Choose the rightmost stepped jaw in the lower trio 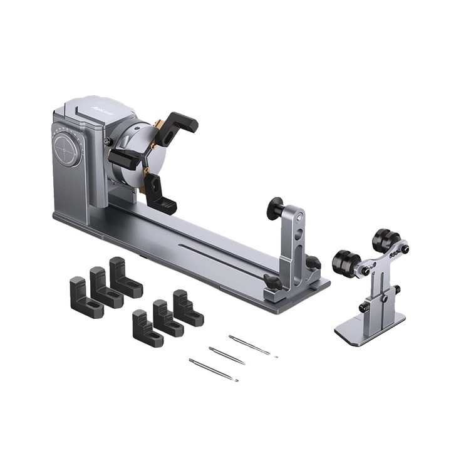click(186, 308)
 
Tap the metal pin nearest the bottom click(213, 370)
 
